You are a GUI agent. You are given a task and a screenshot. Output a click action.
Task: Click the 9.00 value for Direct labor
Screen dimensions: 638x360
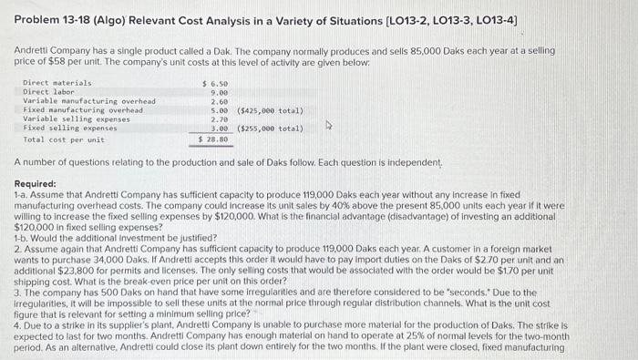[218, 92]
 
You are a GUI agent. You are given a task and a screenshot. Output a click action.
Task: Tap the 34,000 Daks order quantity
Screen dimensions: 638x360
[138, 251]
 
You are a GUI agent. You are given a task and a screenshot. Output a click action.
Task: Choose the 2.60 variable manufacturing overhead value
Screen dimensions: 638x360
[218, 101]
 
